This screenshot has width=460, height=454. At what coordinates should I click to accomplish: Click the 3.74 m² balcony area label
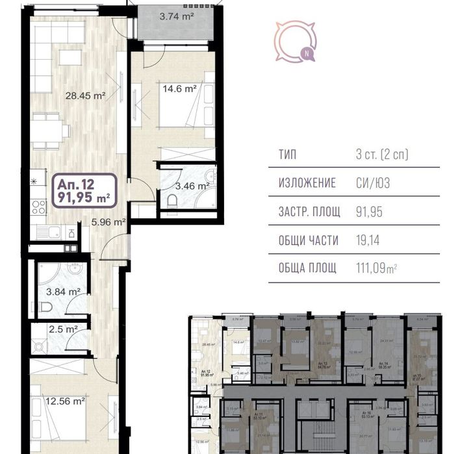point(177,18)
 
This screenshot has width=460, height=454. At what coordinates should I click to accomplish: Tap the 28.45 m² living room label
point(85,95)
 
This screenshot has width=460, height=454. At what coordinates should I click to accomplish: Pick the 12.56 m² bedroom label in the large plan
point(64,401)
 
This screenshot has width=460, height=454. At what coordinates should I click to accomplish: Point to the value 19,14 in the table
point(367,240)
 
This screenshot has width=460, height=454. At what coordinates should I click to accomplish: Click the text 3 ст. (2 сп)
point(381,155)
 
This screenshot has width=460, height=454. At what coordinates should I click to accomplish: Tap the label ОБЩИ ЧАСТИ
point(309,240)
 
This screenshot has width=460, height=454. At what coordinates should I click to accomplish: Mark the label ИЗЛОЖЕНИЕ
point(307,183)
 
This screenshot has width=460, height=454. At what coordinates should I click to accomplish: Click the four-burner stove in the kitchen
point(38,207)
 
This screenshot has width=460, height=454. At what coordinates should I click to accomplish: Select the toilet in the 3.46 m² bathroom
point(172,203)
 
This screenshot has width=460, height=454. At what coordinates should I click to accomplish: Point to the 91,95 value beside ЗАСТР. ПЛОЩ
point(368,212)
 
